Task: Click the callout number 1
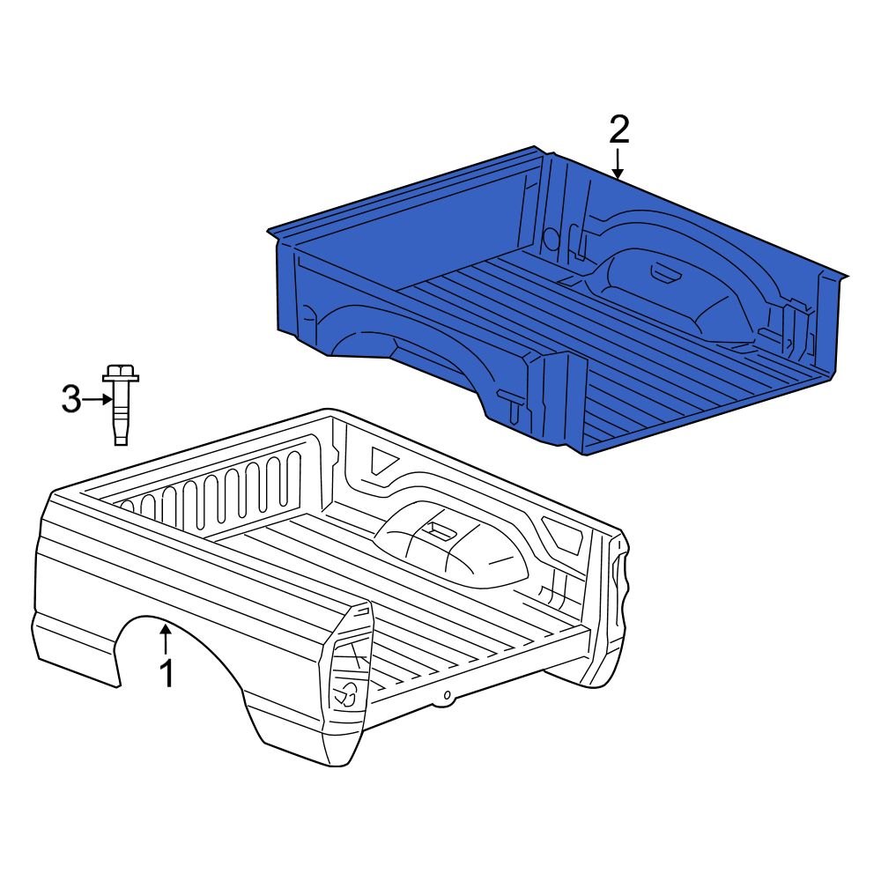click(166, 674)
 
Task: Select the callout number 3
click(71, 400)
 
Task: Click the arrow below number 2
click(618, 164)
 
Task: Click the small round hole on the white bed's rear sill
click(448, 696)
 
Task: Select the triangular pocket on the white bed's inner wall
click(382, 463)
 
